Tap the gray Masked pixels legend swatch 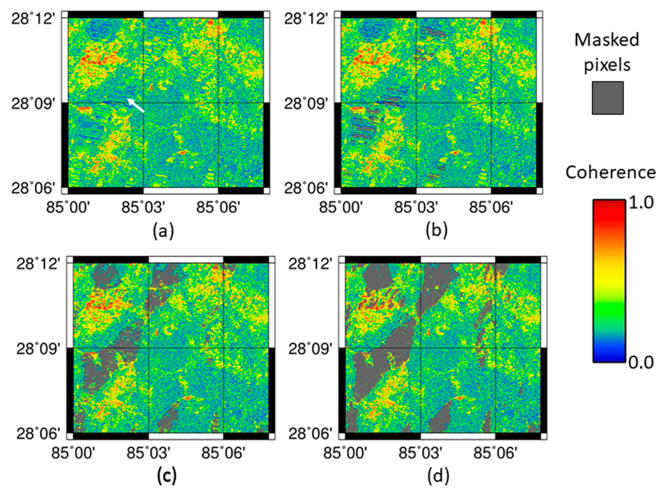[x=608, y=98]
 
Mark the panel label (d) [x=438, y=476]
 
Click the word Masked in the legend [x=606, y=40]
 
